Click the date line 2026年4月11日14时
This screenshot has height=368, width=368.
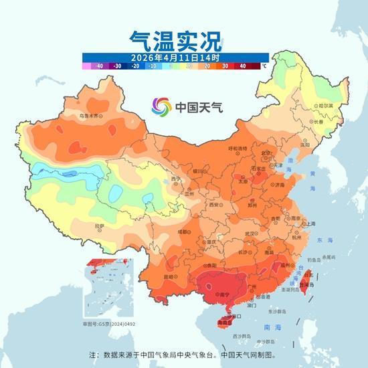click(x=175, y=58)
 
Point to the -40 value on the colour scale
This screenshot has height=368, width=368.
click(x=99, y=66)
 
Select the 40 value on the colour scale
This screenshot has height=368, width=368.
click(x=242, y=66)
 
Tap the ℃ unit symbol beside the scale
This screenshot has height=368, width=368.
click(x=264, y=66)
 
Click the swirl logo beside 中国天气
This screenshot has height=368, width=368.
click(x=161, y=106)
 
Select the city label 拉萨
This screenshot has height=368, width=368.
click(x=100, y=227)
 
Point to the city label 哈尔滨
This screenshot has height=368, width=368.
click(x=325, y=106)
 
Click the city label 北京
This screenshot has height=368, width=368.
click(x=268, y=153)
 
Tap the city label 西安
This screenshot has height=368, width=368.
click(x=214, y=205)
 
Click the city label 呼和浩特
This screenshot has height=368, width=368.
click(x=238, y=148)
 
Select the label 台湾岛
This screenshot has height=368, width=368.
click(x=309, y=284)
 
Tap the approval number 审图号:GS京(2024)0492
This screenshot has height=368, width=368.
click(x=109, y=324)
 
